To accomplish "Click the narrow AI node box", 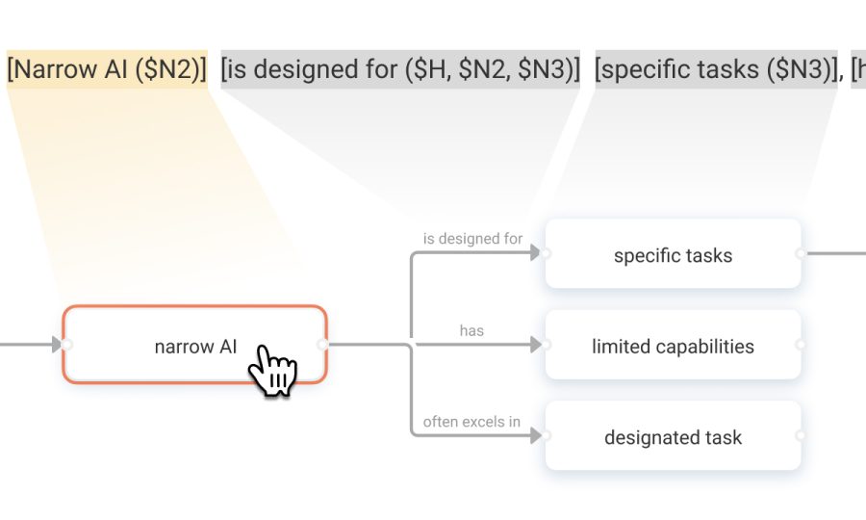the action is coord(195,345).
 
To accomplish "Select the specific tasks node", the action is coord(673,253).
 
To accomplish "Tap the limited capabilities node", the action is coord(673,345).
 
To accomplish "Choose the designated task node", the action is coord(673,436).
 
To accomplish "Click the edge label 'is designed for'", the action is coord(472,239).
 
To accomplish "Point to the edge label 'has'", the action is coord(471,330).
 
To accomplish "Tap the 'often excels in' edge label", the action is coord(471,422).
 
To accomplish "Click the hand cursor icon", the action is coord(273,369).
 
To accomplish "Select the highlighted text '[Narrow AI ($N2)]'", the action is coord(107,69).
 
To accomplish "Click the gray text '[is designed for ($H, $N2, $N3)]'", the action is coord(400,69).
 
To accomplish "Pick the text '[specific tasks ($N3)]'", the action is coord(716,69).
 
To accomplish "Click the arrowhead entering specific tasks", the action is coord(535,253).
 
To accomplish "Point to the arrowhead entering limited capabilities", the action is coord(535,345).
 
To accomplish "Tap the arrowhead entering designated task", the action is coord(535,436).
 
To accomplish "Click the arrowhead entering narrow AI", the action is coord(57,345).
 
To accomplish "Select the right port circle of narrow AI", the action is coord(322,345).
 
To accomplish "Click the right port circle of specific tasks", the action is coord(801,253).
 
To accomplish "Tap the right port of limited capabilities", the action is coord(801,345).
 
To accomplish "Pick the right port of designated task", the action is coord(801,436).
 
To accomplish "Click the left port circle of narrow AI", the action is coord(66,345).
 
